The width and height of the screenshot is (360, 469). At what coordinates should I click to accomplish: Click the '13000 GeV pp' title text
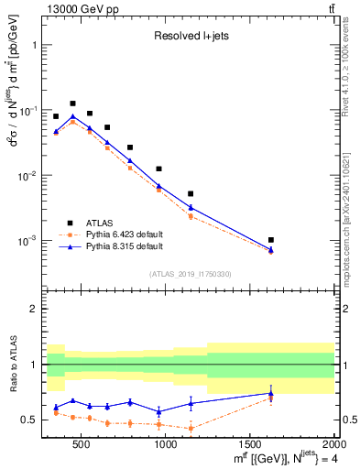point(79,8)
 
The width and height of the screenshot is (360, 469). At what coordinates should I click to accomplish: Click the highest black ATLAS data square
point(73,104)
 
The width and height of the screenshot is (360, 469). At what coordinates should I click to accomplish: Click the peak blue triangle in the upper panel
point(73,116)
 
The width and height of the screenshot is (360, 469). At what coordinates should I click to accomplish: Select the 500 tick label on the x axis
point(82,444)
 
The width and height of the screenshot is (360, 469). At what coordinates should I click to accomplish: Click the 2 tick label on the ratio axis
point(34,310)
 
